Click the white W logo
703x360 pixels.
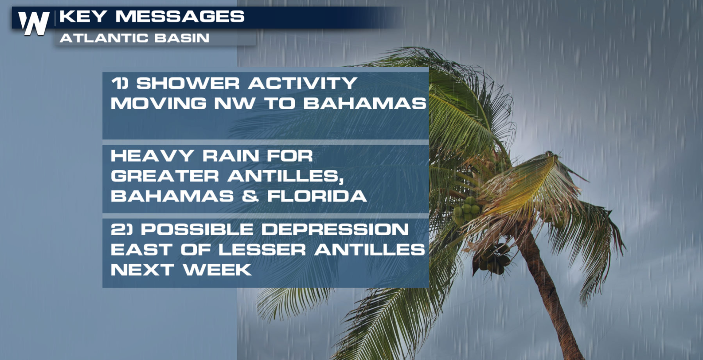pos(33,23)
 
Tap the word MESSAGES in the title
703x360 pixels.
pos(180,16)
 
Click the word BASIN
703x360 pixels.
pos(182,38)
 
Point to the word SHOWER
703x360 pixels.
pos(188,84)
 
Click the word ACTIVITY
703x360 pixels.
pos(303,84)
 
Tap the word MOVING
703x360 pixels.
pos(159,103)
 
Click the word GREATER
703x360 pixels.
pos(165,175)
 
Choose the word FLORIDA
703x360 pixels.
pos(317,196)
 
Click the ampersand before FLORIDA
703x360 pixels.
pos(250,196)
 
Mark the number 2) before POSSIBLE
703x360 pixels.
pos(122,229)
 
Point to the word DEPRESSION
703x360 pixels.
pos(335,229)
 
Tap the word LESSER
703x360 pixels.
pos(262,250)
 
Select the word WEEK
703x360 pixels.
pos(218,270)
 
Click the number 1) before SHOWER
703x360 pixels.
pos(120,84)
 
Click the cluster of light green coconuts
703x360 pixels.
pos(466,210)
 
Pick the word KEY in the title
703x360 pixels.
pos(83,16)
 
